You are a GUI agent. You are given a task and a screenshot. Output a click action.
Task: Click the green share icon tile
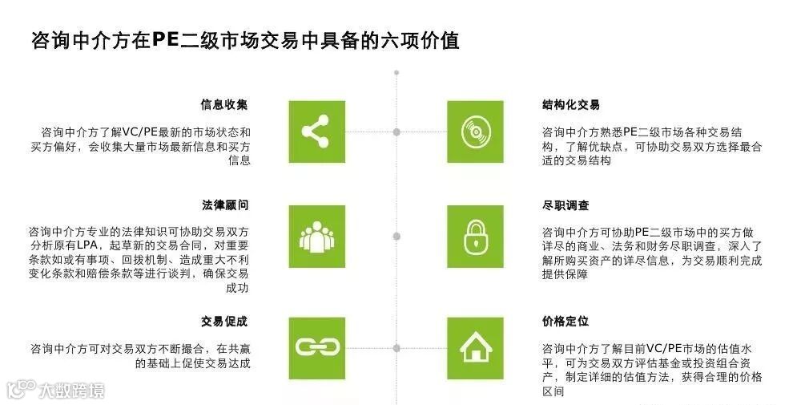317,132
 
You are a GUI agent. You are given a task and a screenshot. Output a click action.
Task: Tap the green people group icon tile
317,237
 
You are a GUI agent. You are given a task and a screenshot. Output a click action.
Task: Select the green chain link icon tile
317,347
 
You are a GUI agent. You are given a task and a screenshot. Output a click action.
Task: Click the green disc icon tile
475,132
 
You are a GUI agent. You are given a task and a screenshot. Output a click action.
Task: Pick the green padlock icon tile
475,237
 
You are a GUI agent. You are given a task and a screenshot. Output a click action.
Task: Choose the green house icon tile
475,347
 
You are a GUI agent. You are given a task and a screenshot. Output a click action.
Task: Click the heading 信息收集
224,105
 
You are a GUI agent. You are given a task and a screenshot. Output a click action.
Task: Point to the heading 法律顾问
224,205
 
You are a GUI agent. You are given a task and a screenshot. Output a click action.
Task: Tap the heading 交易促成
224,322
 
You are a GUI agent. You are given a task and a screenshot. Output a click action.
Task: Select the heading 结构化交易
571,105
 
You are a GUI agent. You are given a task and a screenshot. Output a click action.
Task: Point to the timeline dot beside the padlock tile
397,236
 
